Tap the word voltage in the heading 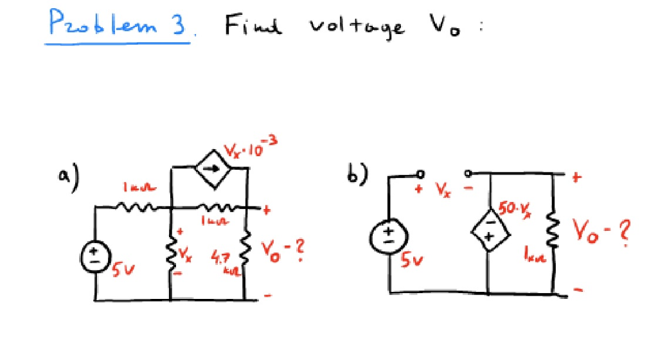pos(357,27)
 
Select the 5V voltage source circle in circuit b pos(389,235)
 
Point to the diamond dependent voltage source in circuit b pos(490,231)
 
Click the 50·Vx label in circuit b pos(511,208)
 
